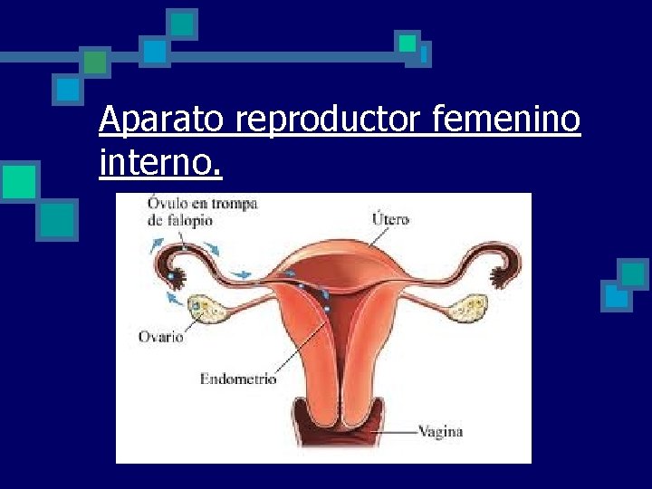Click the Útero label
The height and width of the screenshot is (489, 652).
(391, 218)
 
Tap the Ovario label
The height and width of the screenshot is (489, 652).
(160, 337)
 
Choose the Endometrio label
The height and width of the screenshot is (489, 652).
(238, 379)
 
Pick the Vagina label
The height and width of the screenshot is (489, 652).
(441, 432)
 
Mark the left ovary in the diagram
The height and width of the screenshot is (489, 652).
(208, 310)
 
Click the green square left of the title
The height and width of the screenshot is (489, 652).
(19, 181)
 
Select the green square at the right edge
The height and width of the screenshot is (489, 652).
(632, 273)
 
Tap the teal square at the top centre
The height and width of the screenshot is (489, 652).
(184, 24)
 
